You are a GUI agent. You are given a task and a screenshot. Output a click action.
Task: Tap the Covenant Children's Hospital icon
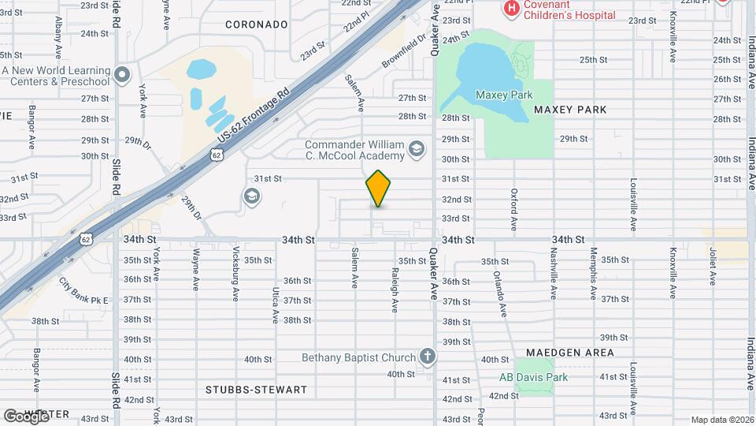pyautogui.click(x=511, y=9)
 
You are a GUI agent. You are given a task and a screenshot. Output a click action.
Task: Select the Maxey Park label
pyautogui.click(x=498, y=95)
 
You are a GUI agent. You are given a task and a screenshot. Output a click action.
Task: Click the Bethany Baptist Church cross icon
pyautogui.click(x=428, y=357)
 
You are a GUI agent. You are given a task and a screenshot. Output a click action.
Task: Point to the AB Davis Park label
pyautogui.click(x=533, y=377)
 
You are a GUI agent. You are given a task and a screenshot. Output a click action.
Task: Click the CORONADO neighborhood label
pyautogui.click(x=256, y=24)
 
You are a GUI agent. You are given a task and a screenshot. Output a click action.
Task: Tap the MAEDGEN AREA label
pyautogui.click(x=561, y=353)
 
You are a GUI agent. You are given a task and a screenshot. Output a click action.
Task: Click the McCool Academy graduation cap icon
pyautogui.click(x=417, y=148)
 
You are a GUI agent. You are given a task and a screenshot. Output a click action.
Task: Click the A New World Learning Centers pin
pyautogui.click(x=121, y=76)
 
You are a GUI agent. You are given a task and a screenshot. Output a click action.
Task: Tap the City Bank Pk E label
pyautogui.click(x=83, y=290)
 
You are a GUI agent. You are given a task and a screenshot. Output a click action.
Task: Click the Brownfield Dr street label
pyautogui.click(x=404, y=49)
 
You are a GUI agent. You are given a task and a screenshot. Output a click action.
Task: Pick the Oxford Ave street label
pyautogui.click(x=513, y=209)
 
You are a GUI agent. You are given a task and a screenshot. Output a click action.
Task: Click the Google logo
pyautogui.click(x=25, y=416)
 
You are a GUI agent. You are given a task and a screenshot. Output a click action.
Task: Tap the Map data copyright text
pyautogui.click(x=722, y=420)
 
